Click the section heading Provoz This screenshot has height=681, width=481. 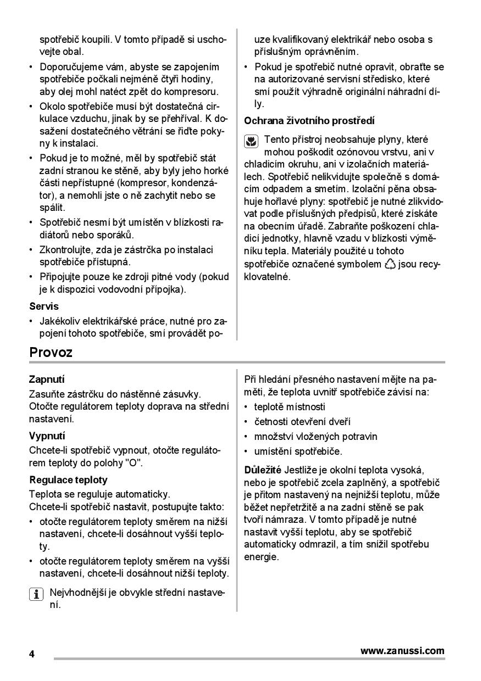[x=51, y=353]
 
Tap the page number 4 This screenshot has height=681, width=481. [x=32, y=655]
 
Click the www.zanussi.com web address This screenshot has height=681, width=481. [x=402, y=651]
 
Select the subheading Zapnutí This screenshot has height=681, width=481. [x=47, y=379]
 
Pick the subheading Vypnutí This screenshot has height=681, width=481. [x=47, y=436]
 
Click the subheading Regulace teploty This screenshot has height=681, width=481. [x=68, y=479]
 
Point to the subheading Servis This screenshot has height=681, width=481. [x=44, y=306]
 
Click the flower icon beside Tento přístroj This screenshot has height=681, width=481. [x=251, y=142]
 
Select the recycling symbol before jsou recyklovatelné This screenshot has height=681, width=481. [x=390, y=265]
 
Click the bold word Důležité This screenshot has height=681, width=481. [x=263, y=470]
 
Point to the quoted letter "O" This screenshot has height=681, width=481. [x=133, y=462]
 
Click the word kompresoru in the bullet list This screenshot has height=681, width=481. [x=195, y=92]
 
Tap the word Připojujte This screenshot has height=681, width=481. [x=62, y=276]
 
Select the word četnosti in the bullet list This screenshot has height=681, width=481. [x=273, y=422]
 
